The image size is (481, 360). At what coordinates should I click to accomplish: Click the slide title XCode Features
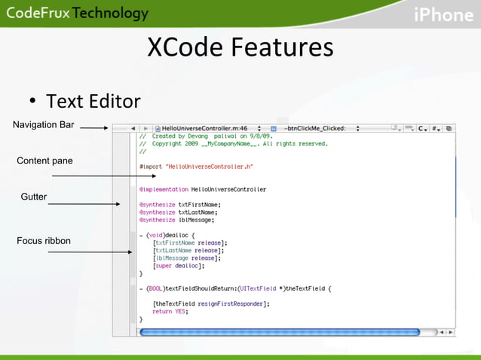click(x=240, y=47)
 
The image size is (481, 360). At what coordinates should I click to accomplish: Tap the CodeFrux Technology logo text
click(x=78, y=14)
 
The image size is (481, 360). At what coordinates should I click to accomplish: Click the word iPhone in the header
click(x=443, y=14)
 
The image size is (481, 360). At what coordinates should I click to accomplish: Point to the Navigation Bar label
click(x=44, y=125)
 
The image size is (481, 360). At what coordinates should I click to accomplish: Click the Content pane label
click(x=44, y=160)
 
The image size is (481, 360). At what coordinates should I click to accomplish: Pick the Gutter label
click(x=34, y=197)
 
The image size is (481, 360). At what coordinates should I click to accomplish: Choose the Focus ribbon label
click(x=44, y=241)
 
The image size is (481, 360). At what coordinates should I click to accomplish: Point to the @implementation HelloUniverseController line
click(x=202, y=189)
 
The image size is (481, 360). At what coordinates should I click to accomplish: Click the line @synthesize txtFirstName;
click(x=179, y=204)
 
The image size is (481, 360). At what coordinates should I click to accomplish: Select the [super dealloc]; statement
click(x=176, y=265)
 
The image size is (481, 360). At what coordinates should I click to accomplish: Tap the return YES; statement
click(x=170, y=311)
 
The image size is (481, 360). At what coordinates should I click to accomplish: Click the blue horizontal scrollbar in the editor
click(x=279, y=331)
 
